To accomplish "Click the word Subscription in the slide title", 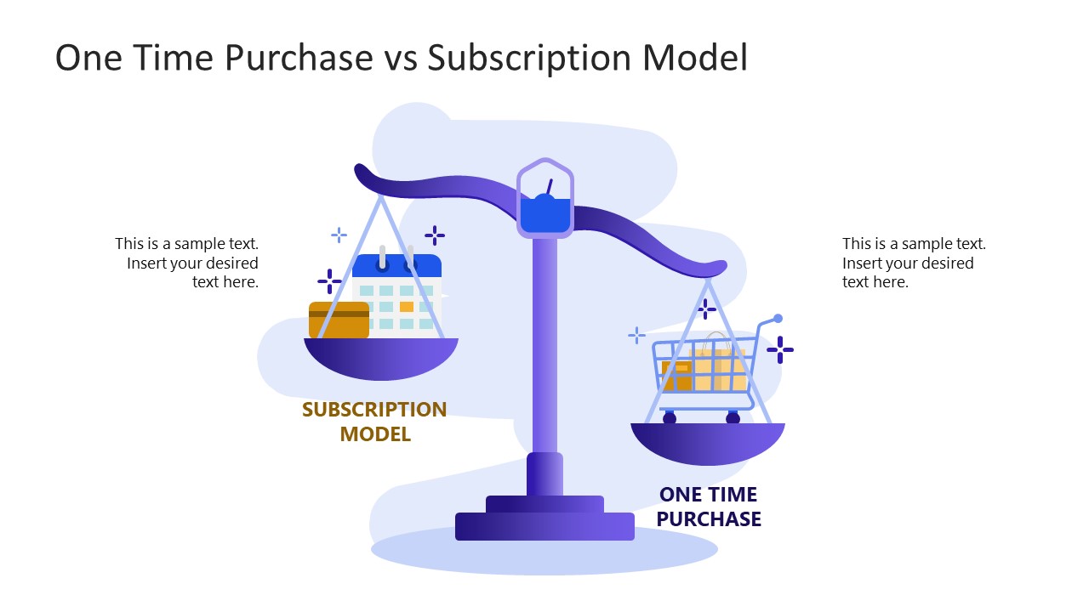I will pyautogui.click(x=527, y=58).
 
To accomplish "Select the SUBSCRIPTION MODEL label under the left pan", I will pyautogui.click(x=374, y=422).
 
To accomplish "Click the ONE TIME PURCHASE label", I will pyautogui.click(x=709, y=507).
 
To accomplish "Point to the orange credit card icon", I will pyautogui.click(x=339, y=320).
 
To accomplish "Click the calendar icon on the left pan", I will pyautogui.click(x=397, y=293).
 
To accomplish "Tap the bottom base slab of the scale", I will pyautogui.click(x=544, y=526).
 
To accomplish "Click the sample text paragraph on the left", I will pyautogui.click(x=188, y=263).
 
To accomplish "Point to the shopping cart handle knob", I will pyautogui.click(x=778, y=319).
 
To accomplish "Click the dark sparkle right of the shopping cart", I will pyautogui.click(x=779, y=349).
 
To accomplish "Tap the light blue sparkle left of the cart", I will pyautogui.click(x=636, y=336).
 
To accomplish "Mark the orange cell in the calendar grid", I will pyautogui.click(x=407, y=306).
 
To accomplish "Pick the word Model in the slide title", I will pyautogui.click(x=695, y=58).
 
